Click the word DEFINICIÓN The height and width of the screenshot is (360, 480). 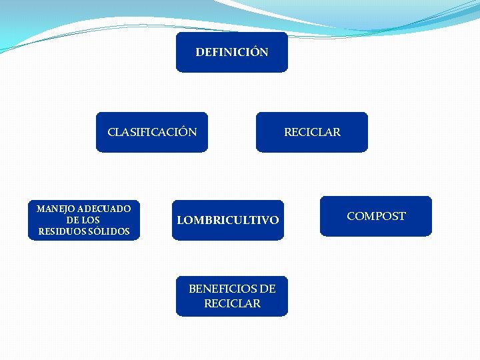(232, 52)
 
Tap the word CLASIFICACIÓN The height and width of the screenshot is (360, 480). (152, 132)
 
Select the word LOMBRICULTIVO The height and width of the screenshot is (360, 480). (227, 220)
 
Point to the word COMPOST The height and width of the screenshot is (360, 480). (376, 216)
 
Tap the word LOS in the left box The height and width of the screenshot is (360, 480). (91, 220)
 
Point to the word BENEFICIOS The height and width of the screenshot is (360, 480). (222, 289)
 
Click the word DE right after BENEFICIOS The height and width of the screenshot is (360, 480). (267, 289)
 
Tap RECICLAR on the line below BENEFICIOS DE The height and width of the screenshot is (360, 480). (232, 303)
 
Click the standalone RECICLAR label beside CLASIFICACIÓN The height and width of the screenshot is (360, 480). (312, 132)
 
